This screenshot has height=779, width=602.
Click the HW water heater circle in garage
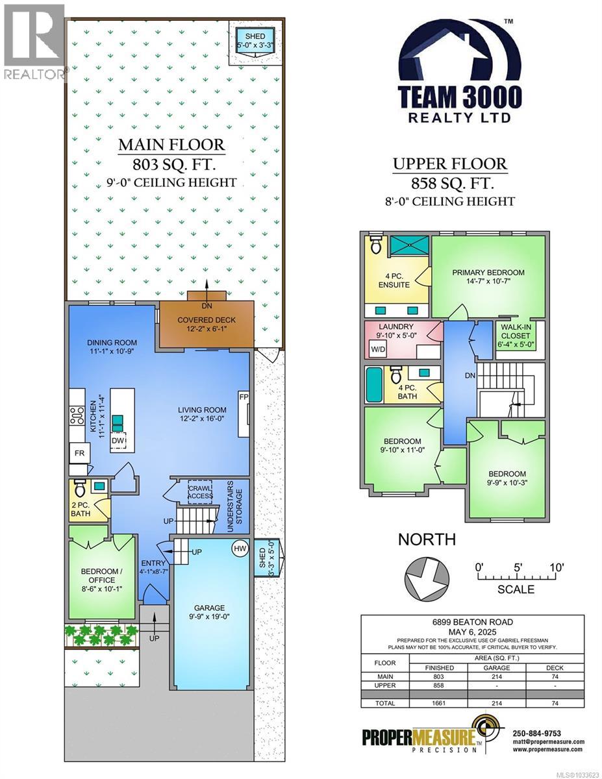click(x=240, y=549)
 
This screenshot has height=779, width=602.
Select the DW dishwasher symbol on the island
click(x=118, y=441)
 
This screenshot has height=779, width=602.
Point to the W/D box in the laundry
click(x=377, y=349)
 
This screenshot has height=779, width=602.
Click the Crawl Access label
click(x=200, y=492)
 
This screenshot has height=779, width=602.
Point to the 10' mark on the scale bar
click(x=555, y=567)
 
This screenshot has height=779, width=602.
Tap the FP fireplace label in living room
click(x=244, y=397)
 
